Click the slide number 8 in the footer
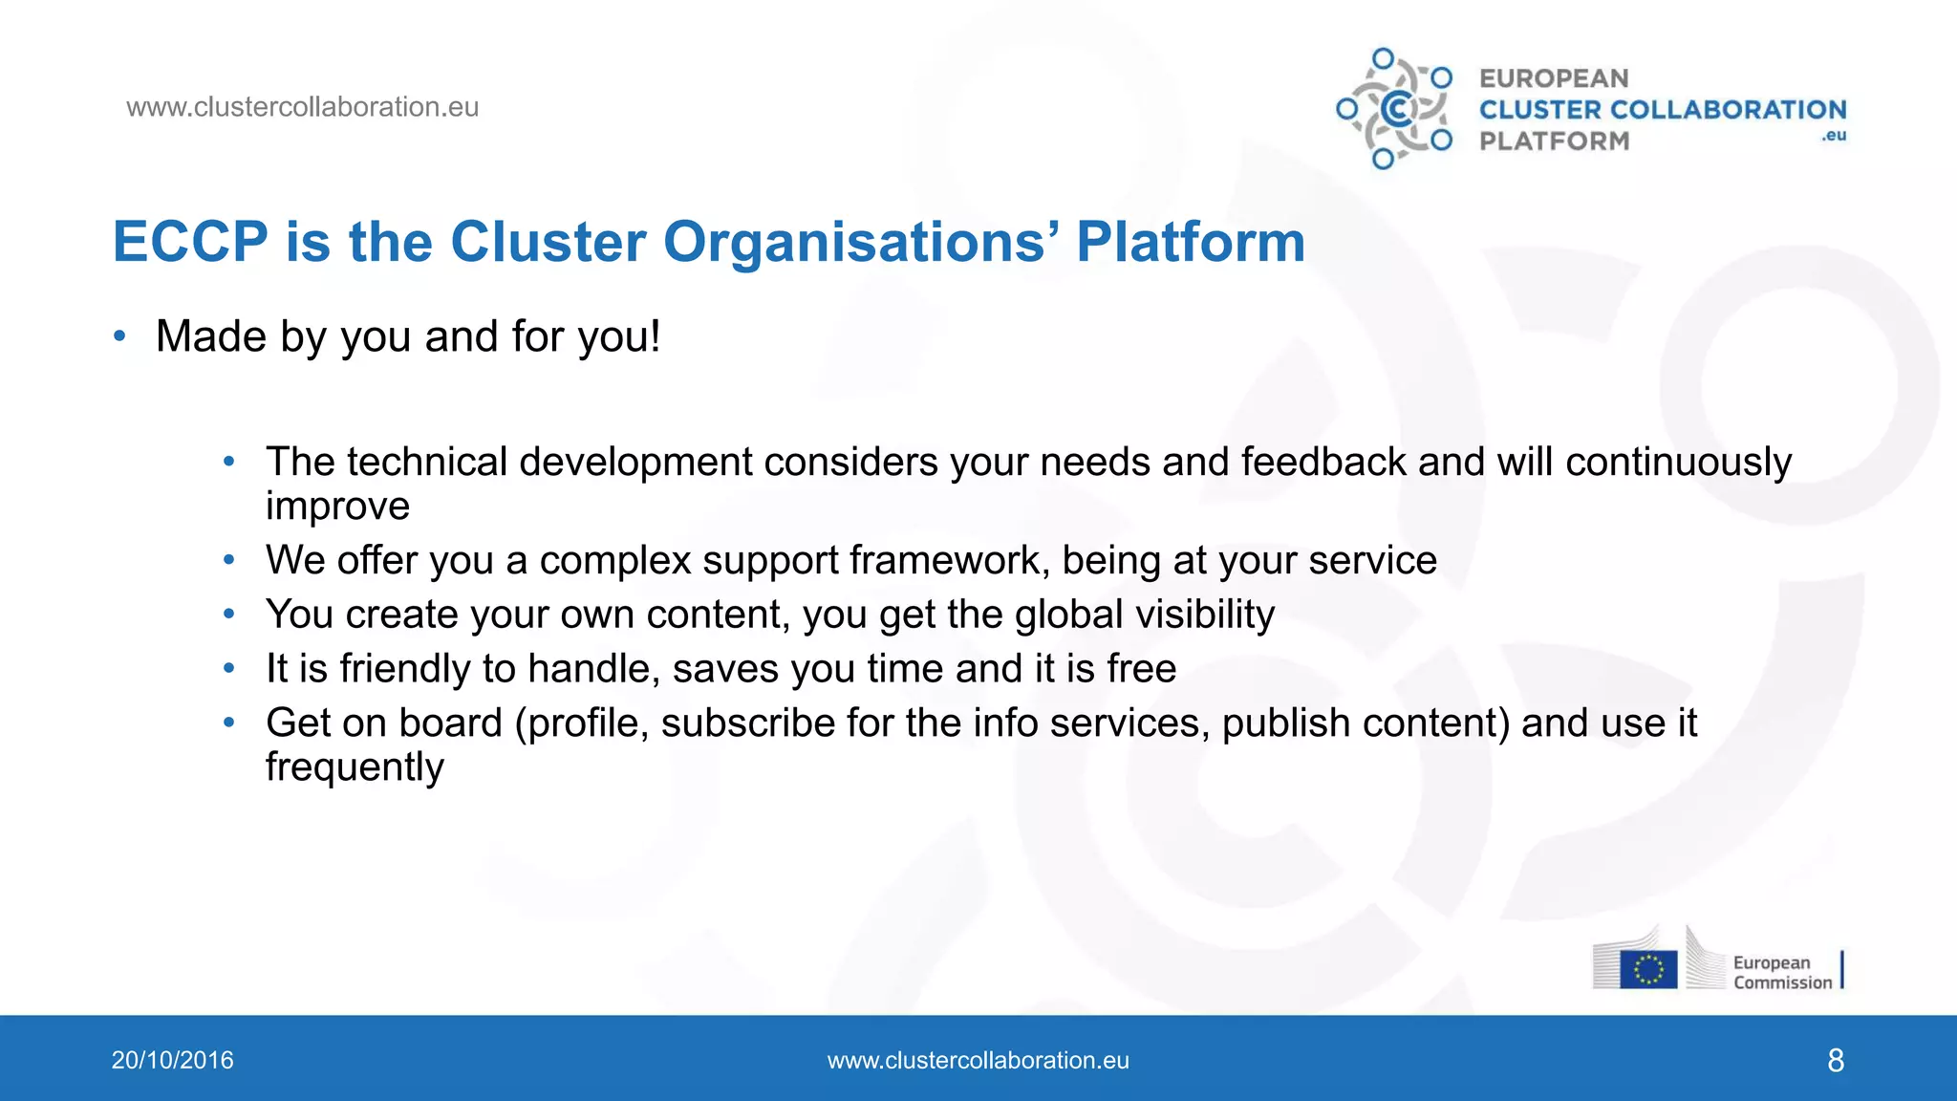[1835, 1060]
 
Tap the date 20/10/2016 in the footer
[172, 1060]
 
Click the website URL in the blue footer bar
[978, 1060]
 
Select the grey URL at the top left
[302, 107]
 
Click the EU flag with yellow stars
[1648, 969]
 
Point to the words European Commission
[1781, 972]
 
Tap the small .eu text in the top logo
[1833, 136]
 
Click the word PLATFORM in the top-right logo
[1554, 141]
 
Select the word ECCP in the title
[190, 242]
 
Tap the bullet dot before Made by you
[119, 335]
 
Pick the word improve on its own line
[337, 506]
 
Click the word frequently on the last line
[355, 767]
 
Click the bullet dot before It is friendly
[229, 668]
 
